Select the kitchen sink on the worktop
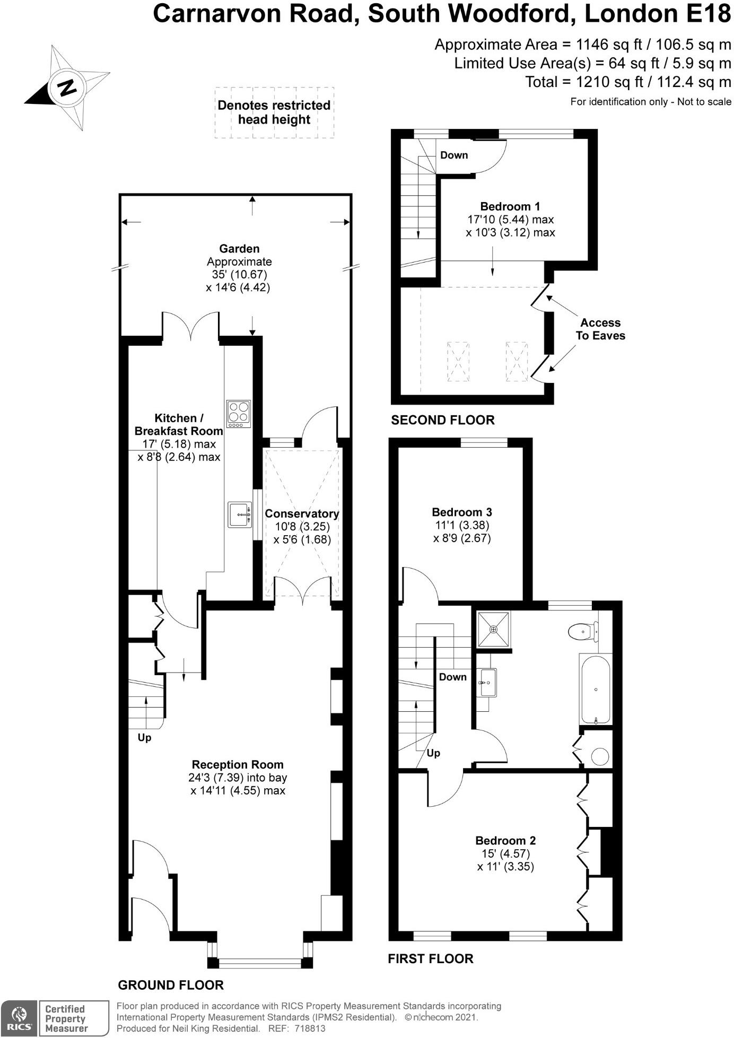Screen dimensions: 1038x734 240,514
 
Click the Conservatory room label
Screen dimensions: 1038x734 302,513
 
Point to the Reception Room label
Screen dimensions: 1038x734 238,764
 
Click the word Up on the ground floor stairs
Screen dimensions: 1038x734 144,738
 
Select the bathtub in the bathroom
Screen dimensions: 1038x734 597,690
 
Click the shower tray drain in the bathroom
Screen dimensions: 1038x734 494,629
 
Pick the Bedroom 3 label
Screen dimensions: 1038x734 461,512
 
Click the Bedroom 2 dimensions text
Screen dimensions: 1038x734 505,860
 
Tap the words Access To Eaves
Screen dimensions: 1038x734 600,329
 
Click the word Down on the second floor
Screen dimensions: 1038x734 454,155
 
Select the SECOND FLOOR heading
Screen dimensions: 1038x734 442,420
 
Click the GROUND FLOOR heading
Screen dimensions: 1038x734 170,985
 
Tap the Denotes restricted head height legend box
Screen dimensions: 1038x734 274,112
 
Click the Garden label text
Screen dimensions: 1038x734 239,248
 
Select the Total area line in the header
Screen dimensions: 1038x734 628,82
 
